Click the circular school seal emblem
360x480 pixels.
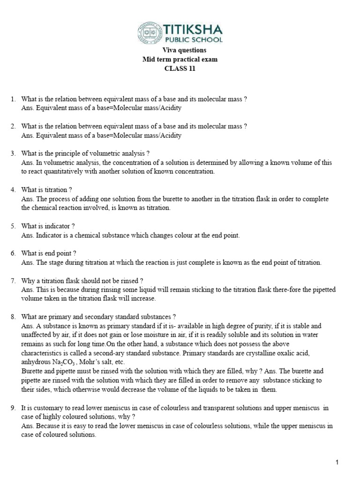tap(149, 32)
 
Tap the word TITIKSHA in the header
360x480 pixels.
tap(192, 29)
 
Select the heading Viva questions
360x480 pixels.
tap(180, 50)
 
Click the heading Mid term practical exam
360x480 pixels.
tap(180, 60)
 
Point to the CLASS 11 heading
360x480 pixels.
tap(180, 68)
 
